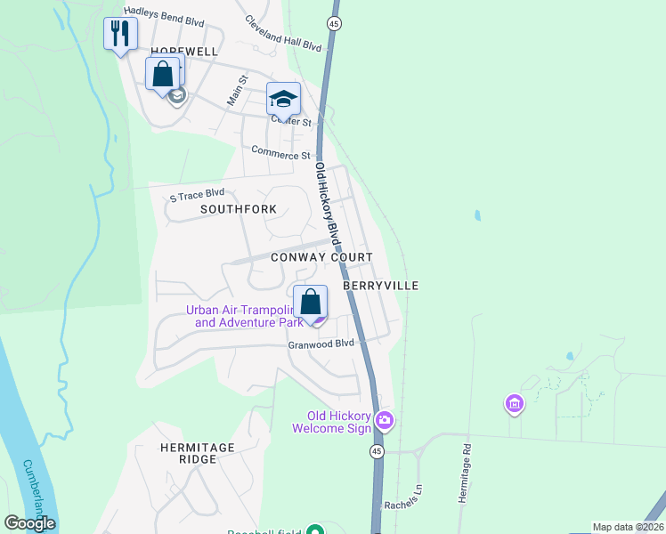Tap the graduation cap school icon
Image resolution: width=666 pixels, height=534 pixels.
(284, 99)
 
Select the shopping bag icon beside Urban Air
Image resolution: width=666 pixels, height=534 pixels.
(311, 302)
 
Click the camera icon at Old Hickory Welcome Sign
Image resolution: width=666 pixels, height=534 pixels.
(385, 419)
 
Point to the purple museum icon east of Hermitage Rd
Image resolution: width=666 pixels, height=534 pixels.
(514, 405)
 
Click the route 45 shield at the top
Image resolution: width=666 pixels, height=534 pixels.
(334, 22)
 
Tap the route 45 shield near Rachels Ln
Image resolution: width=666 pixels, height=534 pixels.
(377, 452)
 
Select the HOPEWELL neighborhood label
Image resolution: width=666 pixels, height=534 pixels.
(184, 52)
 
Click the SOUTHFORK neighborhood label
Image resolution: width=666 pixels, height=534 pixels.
(239, 209)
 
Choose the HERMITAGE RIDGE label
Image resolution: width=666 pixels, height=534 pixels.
(197, 453)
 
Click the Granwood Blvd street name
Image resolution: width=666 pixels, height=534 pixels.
(321, 344)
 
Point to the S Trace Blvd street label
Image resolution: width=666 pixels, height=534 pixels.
(197, 195)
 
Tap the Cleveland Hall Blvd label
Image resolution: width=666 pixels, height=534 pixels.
(282, 33)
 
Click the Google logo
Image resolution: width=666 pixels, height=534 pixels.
(29, 523)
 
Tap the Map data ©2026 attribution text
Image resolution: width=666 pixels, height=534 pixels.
(627, 527)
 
